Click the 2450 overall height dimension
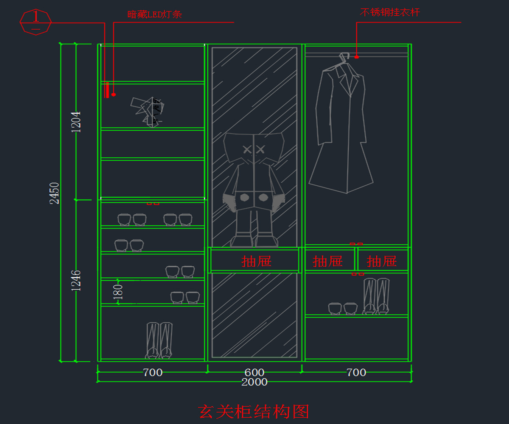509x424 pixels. click(55, 193)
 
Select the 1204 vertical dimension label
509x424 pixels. click(77, 122)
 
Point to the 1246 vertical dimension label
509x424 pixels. click(77, 280)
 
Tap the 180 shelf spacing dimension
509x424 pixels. click(118, 292)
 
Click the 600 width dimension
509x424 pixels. click(255, 372)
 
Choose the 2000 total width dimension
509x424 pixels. click(255, 382)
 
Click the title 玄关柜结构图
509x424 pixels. click(254, 411)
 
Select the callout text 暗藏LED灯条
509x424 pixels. click(154, 14)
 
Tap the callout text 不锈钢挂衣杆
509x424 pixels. click(390, 12)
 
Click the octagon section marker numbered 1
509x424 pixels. click(36, 21)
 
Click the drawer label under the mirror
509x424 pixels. click(256, 261)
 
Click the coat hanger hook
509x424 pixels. click(344, 56)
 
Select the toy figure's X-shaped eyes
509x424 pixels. click(254, 149)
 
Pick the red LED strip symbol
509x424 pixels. click(107, 90)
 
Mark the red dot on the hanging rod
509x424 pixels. click(357, 56)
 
